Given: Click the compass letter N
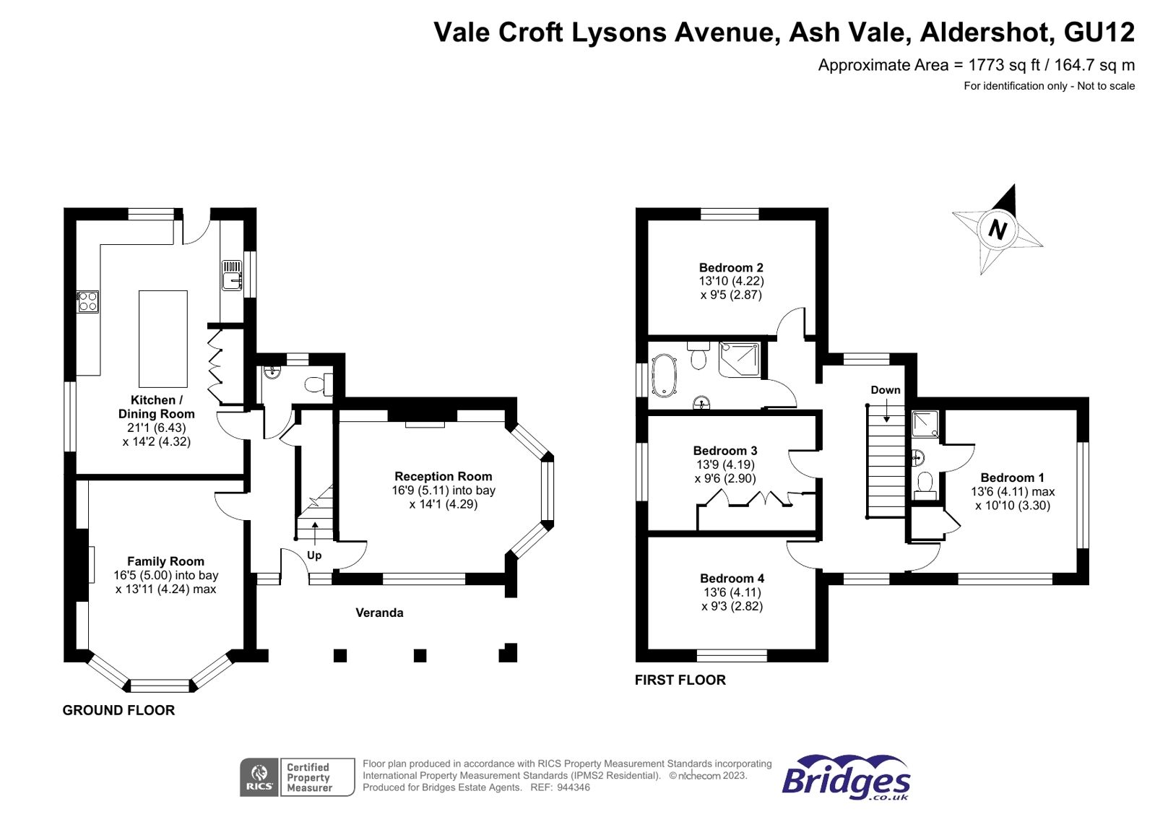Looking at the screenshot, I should click(x=998, y=230).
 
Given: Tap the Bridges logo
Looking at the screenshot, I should click(x=846, y=779).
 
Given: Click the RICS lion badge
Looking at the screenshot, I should click(x=259, y=777).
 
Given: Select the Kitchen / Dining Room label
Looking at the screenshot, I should click(x=157, y=407).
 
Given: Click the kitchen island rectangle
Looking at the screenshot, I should click(x=163, y=339).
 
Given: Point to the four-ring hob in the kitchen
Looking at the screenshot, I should click(x=88, y=301).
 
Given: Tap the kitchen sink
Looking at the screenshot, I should click(x=231, y=276).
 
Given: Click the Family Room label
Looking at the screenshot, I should click(x=165, y=561).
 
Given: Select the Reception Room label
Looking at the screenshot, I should click(x=443, y=477).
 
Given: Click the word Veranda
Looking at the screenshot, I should click(x=379, y=613).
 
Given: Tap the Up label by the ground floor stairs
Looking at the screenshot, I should click(x=314, y=556).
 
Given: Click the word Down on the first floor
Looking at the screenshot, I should click(x=885, y=390).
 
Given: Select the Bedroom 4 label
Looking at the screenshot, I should click(x=732, y=579).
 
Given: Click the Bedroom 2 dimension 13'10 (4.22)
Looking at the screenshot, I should click(x=731, y=281).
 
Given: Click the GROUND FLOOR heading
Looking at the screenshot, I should click(x=118, y=710).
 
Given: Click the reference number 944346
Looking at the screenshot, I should click(x=573, y=787).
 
